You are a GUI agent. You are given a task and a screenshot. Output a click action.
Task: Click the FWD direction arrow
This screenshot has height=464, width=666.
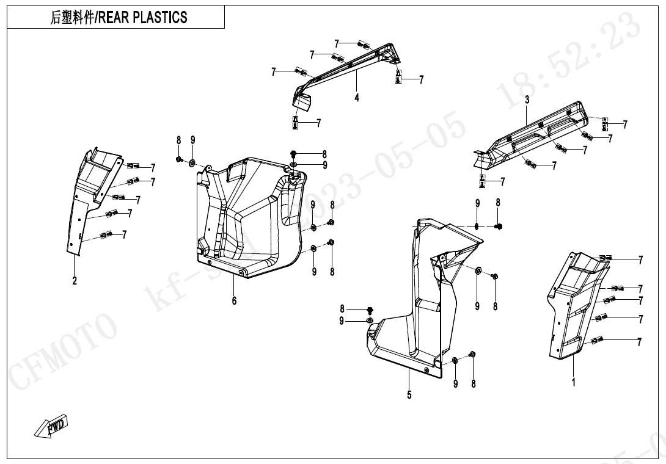pyautogui.click(x=53, y=426)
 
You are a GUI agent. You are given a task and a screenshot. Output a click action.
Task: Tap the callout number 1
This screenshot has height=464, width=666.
pyautogui.click(x=573, y=382)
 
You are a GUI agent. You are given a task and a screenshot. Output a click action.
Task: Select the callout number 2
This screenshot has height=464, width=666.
pyautogui.click(x=75, y=281)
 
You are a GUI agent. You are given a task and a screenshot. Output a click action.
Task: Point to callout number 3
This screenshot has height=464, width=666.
pyautogui.click(x=527, y=100)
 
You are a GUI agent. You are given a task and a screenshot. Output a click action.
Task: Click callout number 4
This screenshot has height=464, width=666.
pyautogui.click(x=357, y=98)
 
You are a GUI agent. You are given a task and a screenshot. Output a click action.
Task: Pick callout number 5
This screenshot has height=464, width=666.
pyautogui.click(x=409, y=395)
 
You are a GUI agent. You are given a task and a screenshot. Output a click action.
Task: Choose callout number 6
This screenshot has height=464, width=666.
pyautogui.click(x=234, y=300)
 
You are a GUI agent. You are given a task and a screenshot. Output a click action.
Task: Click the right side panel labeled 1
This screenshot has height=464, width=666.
pyautogui.click(x=571, y=305)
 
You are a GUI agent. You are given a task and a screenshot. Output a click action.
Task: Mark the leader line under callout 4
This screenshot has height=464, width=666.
pyautogui.click(x=357, y=82)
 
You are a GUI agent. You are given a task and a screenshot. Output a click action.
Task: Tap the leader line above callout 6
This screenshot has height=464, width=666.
pyautogui.click(x=234, y=286)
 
